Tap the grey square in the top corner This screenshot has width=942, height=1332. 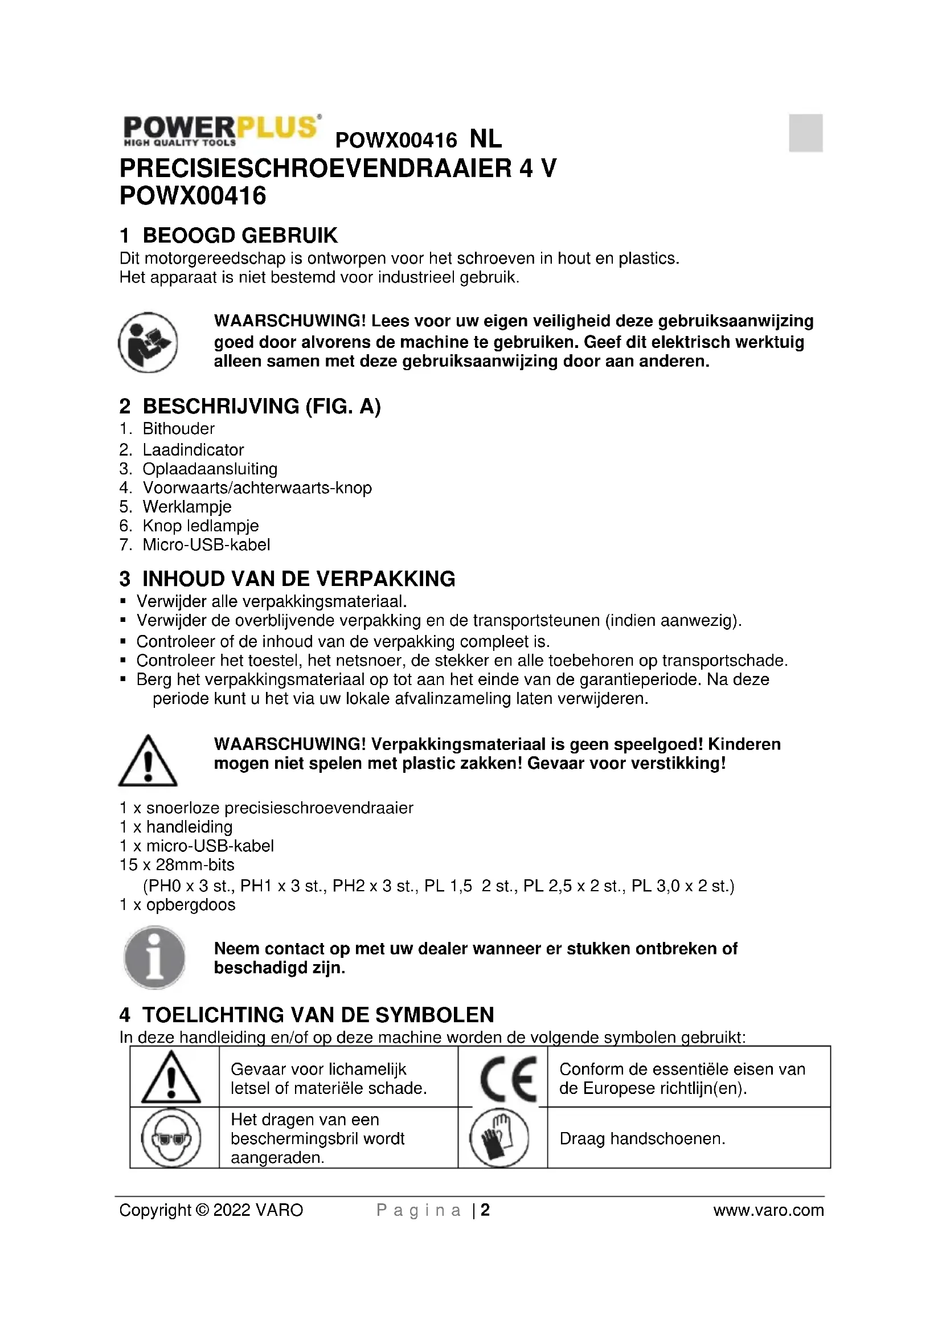click(x=805, y=133)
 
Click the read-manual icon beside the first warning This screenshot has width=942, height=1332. click(x=148, y=342)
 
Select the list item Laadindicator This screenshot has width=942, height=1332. click(x=193, y=450)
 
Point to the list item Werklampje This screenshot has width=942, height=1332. click(x=187, y=506)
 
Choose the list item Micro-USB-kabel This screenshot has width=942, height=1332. click(x=206, y=545)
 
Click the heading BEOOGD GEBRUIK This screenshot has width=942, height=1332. click(x=240, y=236)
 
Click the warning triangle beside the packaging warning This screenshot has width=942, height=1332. click(x=148, y=761)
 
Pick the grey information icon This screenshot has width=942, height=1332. click(x=154, y=957)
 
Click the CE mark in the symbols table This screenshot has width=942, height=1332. click(x=508, y=1079)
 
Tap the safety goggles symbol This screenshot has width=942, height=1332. click(x=171, y=1138)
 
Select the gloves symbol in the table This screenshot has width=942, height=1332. click(x=499, y=1138)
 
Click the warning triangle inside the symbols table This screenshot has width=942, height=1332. click(x=171, y=1078)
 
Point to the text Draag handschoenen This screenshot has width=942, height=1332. click(x=642, y=1138)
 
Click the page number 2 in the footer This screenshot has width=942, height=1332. click(x=485, y=1210)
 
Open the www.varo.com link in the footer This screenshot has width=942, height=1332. click(x=768, y=1210)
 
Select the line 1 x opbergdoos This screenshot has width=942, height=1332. click(x=178, y=905)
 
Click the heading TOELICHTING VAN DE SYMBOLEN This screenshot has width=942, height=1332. click(x=318, y=1015)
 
